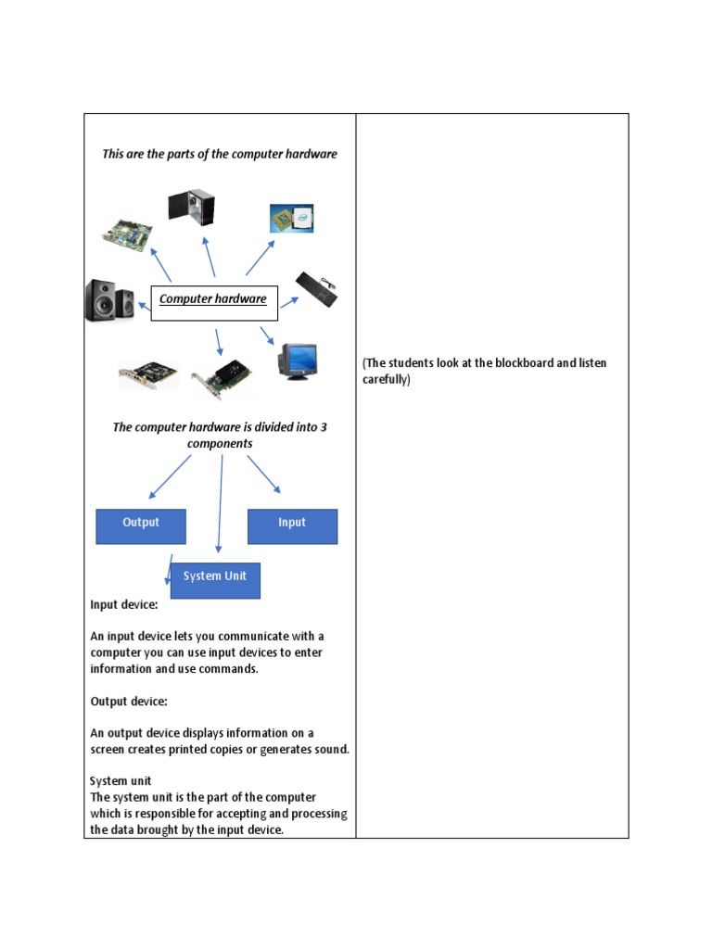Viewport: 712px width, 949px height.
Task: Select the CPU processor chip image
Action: (291, 219)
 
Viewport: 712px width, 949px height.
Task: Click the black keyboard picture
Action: (316, 289)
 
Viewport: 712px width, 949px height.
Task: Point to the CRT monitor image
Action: (299, 361)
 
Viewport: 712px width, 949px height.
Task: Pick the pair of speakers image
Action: (110, 300)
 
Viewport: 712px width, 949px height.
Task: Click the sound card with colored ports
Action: (148, 375)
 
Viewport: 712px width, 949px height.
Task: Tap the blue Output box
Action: (141, 525)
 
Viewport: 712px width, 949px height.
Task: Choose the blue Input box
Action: (292, 525)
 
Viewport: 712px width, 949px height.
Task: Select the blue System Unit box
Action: (215, 579)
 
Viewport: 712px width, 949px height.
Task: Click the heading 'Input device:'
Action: (123, 604)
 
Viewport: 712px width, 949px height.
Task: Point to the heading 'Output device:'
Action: (128, 702)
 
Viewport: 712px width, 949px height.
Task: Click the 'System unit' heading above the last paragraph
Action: (121, 781)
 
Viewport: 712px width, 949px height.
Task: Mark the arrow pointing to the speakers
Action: (143, 302)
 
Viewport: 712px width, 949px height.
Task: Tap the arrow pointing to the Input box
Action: (263, 474)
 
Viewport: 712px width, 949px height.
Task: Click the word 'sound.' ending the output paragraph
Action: (331, 749)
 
